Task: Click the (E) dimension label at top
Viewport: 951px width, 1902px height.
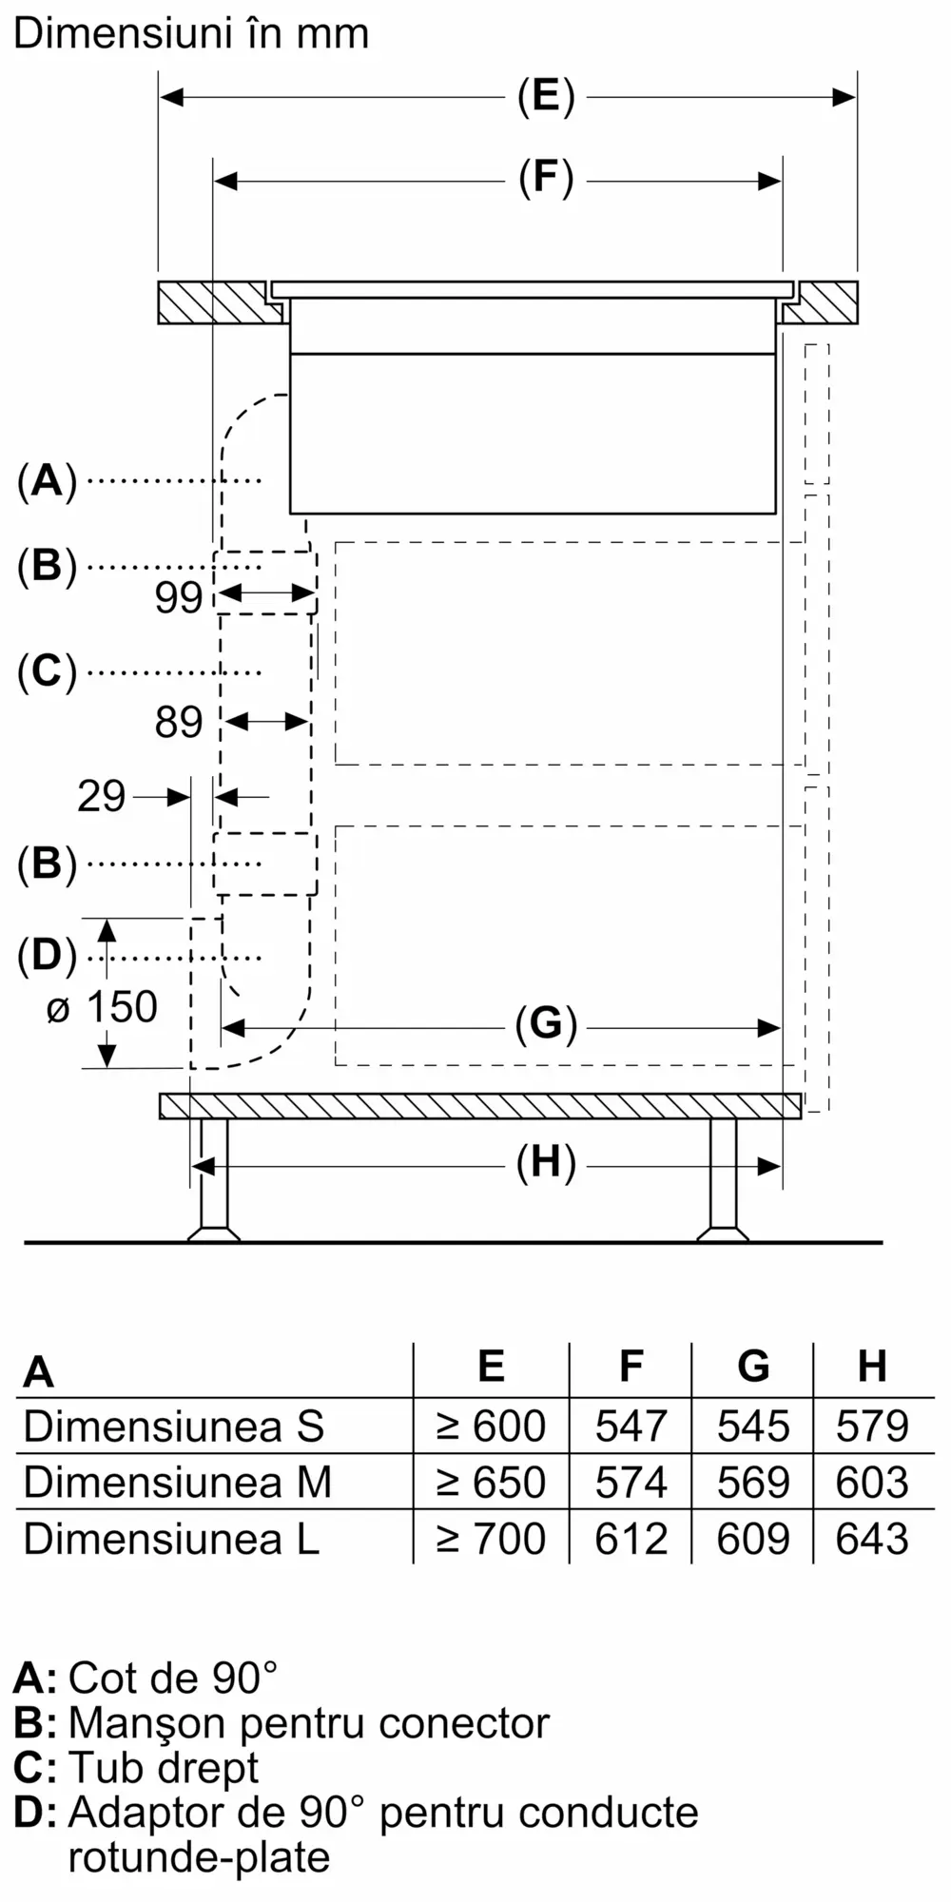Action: coord(546,96)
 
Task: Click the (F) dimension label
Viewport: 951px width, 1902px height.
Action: coord(546,179)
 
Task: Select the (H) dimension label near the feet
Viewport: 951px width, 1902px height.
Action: coord(546,1163)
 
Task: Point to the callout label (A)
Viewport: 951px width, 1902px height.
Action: coord(47,480)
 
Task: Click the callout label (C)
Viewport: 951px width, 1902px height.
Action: coord(47,671)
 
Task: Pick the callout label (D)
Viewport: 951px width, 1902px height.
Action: coord(47,956)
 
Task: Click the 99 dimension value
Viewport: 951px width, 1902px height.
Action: coord(179,597)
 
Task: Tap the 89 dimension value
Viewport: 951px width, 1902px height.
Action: coord(179,723)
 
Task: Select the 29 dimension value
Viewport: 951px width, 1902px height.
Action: coord(101,796)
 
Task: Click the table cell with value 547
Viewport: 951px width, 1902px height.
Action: coord(631,1426)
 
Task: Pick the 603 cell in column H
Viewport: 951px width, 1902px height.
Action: coord(872,1482)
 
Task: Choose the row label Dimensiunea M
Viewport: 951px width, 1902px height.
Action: coord(178,1482)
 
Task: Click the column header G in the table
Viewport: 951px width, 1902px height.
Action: coord(753,1367)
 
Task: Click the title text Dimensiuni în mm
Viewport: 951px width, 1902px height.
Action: coord(191,33)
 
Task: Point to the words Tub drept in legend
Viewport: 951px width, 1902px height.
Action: coord(164,1767)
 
